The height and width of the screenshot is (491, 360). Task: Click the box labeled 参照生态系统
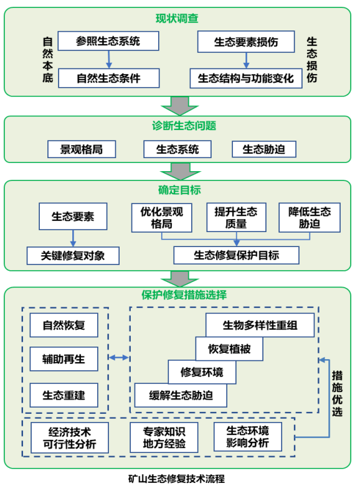pos(108,41)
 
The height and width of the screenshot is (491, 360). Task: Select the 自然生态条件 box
pos(109,78)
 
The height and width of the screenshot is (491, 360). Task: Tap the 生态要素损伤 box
pos(246,42)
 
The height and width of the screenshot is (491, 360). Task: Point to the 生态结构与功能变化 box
pos(246,78)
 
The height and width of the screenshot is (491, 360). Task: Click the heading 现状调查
pos(177,19)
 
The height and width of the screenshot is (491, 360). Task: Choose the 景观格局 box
pos(82,149)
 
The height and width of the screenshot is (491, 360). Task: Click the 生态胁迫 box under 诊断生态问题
pos(264,149)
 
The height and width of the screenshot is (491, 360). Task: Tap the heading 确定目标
pos(179,190)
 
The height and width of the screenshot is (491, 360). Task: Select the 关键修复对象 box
pos(73,256)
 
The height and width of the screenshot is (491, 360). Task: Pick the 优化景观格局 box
pos(162,218)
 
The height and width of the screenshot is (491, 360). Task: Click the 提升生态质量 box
pos(236,218)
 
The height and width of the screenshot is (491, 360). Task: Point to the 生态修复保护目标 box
pos(237,255)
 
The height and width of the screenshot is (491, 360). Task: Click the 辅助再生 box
pos(64,359)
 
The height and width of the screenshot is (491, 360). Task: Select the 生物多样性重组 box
pos(260,325)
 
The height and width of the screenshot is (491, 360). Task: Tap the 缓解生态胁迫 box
pos(181,395)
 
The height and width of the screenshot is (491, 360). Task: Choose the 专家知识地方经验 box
pos(164,437)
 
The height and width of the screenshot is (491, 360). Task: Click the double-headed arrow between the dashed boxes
pos(119,357)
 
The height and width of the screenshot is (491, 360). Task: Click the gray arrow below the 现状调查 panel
pos(180,106)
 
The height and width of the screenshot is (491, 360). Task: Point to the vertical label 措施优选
pos(337,394)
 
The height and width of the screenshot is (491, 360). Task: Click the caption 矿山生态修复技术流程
pos(177,479)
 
